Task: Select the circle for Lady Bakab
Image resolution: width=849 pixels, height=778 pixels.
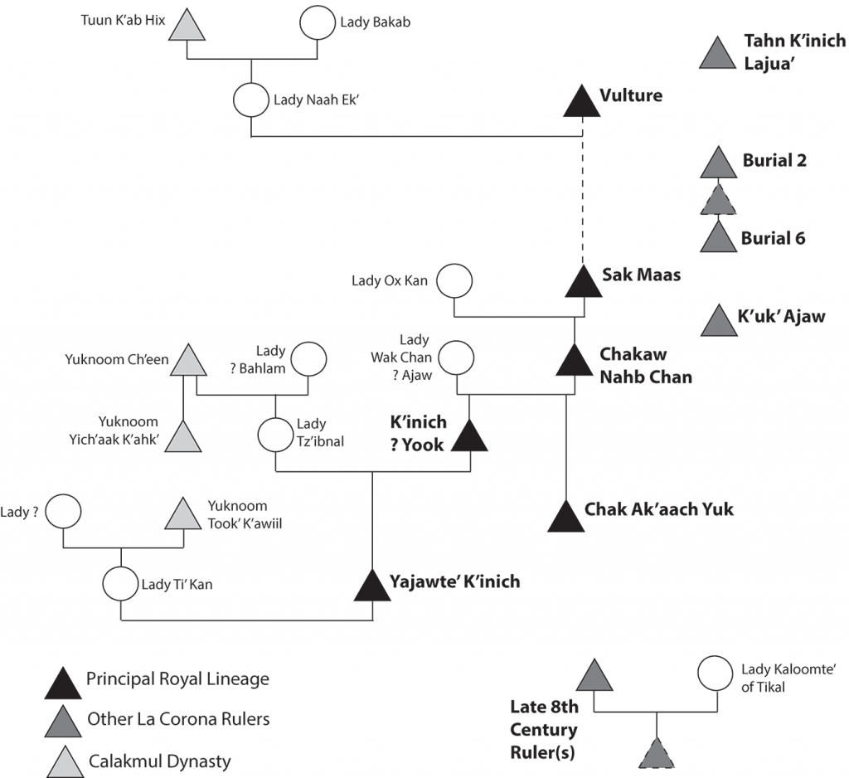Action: [x=318, y=23]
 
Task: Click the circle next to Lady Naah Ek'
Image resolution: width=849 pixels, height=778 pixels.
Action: [x=251, y=101]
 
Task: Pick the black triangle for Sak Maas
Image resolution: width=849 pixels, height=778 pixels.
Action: [x=582, y=281]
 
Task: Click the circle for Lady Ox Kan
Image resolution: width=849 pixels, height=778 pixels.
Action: [x=454, y=280]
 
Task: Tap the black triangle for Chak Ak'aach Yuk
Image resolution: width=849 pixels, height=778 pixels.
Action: [x=565, y=516]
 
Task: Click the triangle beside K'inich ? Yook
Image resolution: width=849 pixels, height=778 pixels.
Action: [x=470, y=436]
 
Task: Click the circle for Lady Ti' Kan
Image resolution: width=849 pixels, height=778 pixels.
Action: [x=121, y=583]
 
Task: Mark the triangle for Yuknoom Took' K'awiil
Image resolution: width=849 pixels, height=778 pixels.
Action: [x=184, y=514]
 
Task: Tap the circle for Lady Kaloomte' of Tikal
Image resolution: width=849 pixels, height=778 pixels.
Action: [x=714, y=674]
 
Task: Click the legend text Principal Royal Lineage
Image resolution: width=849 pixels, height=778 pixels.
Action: [x=177, y=679]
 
